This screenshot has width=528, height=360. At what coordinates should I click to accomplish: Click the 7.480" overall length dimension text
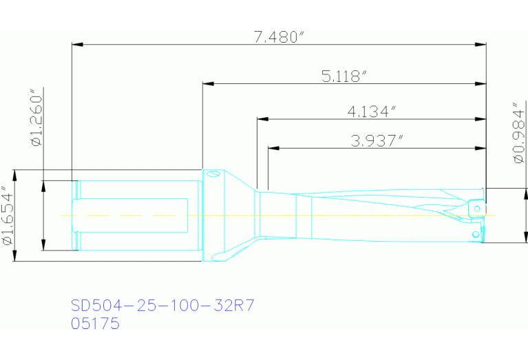click(x=279, y=37)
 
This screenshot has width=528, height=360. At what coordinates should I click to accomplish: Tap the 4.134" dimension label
click(x=372, y=110)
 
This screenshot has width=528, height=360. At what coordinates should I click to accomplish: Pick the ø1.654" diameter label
click(x=8, y=215)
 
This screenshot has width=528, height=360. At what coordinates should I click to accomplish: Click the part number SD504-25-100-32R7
click(x=158, y=305)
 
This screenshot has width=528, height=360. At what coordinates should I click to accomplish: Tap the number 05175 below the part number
click(x=96, y=323)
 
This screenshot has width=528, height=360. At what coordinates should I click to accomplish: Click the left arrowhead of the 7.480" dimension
click(x=76, y=45)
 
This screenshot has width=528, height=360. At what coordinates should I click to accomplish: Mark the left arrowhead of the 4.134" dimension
click(x=261, y=118)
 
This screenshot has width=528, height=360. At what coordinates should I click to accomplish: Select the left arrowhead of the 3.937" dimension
click(x=272, y=149)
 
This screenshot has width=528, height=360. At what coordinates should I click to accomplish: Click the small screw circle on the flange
click(x=213, y=175)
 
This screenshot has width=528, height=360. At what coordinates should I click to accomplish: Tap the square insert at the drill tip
click(x=476, y=207)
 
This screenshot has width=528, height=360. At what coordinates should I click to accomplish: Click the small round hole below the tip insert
click(x=475, y=234)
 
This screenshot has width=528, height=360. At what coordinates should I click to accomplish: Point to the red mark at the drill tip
click(x=486, y=208)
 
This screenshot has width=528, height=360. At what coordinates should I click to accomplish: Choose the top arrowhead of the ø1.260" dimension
click(x=43, y=184)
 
